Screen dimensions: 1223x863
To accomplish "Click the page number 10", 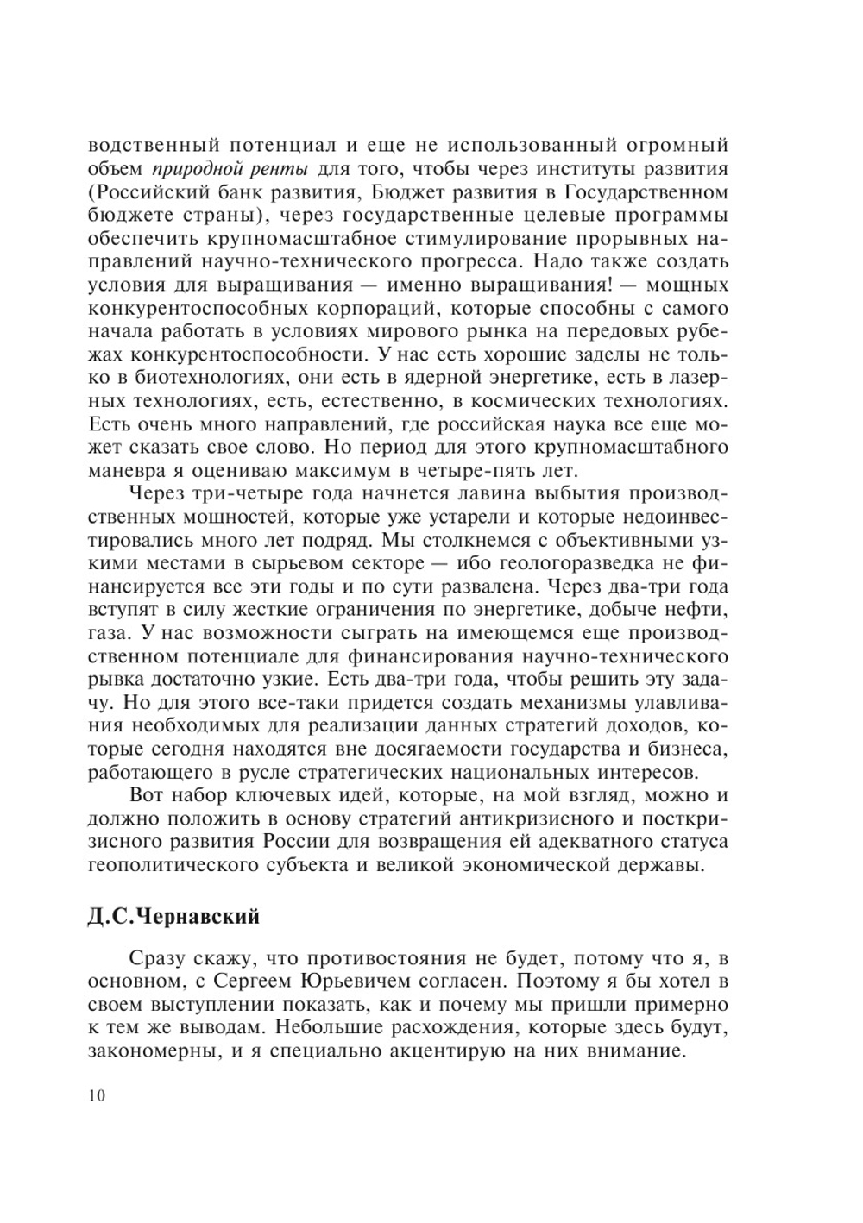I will [x=96, y=1096].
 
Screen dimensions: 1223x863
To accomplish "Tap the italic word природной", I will [x=200, y=168].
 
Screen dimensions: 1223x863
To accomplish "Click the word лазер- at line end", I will [x=696, y=378].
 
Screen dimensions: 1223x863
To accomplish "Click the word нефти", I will [x=702, y=611].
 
